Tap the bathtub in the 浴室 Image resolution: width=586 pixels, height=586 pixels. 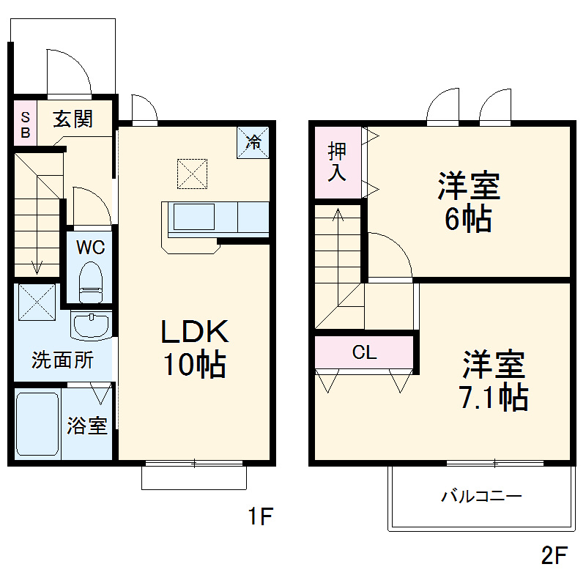coord(37,426)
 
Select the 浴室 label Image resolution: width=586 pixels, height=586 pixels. coord(87,426)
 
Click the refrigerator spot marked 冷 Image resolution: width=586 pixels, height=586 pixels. coord(253,141)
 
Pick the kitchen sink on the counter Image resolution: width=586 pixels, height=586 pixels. coord(193,218)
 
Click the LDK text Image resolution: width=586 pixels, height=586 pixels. coord(196,333)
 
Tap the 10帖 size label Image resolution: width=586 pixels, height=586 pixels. coord(193,364)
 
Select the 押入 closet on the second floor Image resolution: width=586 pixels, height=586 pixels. coord(338,162)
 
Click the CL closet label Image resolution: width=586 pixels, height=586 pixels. coord(364,352)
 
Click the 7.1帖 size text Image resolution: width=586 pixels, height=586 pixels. coord(493,397)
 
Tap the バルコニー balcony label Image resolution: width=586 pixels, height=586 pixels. coord(481,497)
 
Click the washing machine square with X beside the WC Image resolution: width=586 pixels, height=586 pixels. coord(36,301)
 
